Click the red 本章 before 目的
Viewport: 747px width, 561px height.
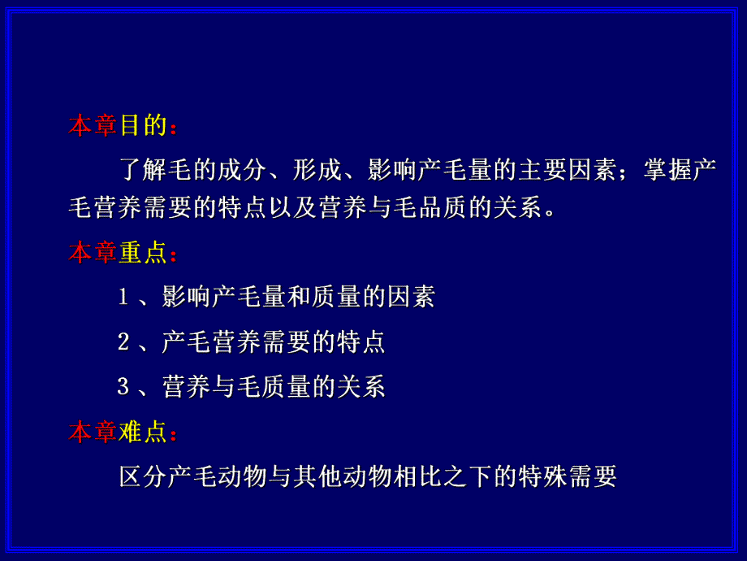coord(93,126)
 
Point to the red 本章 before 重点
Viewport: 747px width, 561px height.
coord(93,253)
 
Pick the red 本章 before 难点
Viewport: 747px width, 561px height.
coord(93,432)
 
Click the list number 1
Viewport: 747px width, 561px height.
coord(124,298)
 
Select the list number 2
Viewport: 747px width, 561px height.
coord(124,342)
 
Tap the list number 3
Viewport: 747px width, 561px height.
coord(124,387)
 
